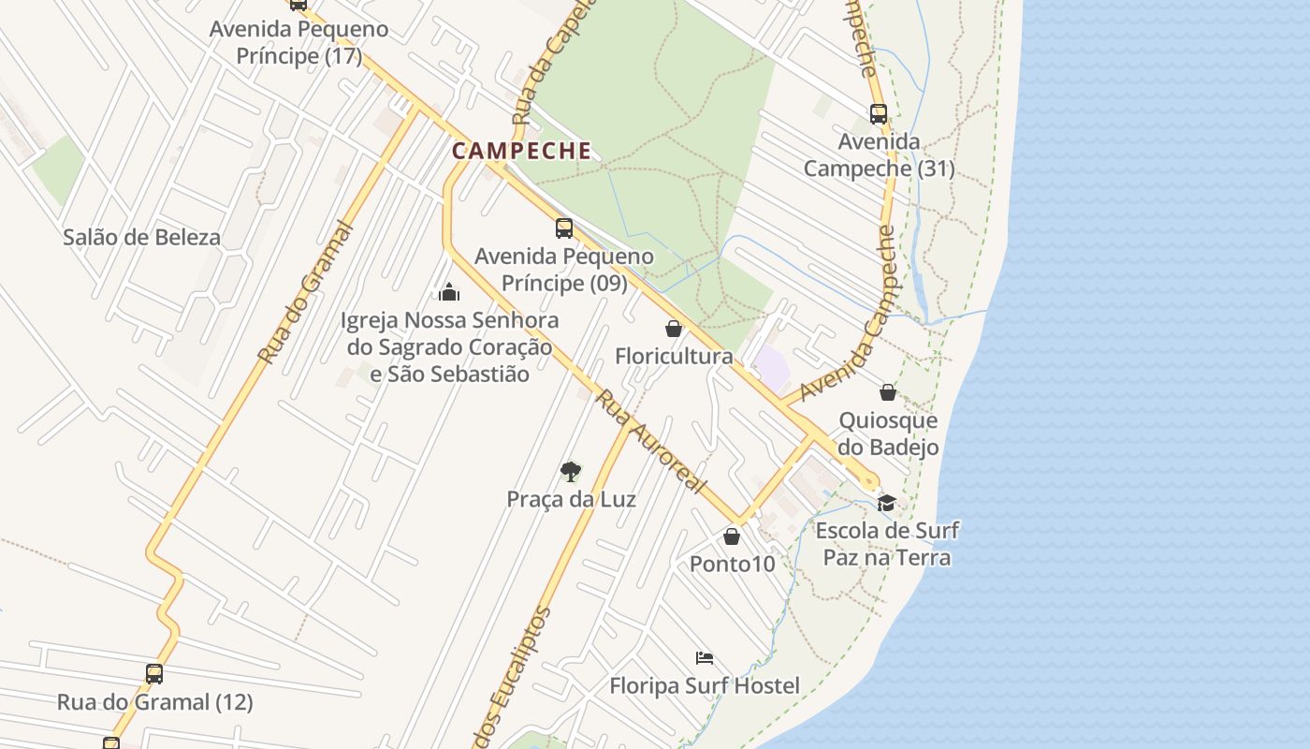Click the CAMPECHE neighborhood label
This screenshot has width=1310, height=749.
(521, 151)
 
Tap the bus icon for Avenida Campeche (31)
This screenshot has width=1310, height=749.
(879, 114)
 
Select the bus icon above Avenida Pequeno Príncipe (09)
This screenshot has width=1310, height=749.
(564, 228)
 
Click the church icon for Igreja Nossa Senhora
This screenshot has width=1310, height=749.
(449, 292)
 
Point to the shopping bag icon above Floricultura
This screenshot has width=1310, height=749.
(673, 329)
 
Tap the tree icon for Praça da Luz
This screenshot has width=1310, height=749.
(570, 471)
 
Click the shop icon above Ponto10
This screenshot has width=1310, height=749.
(732, 536)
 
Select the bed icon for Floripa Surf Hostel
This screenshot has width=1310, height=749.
(705, 658)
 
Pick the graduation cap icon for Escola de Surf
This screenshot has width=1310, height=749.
(886, 504)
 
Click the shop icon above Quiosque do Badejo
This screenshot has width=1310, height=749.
(888, 392)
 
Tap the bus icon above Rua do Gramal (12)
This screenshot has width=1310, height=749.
(154, 673)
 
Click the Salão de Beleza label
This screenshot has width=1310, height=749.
(141, 237)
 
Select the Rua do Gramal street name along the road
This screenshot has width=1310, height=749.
(306, 293)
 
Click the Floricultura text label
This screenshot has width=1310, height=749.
(674, 357)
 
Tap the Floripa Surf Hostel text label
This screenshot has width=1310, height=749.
(705, 686)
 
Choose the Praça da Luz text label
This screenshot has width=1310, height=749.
(571, 499)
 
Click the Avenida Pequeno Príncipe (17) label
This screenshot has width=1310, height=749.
(298, 42)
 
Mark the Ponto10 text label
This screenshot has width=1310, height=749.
(733, 564)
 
